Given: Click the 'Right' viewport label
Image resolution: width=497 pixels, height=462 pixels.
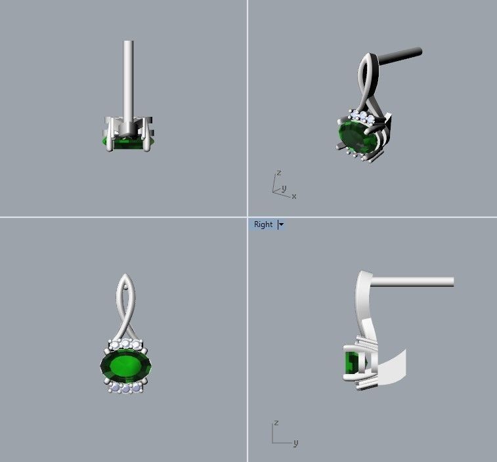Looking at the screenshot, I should [x=263, y=224].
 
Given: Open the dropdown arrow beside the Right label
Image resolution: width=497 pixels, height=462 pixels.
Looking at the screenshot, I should [x=281, y=224].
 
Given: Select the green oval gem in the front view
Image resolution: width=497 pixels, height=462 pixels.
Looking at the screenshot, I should [x=125, y=366].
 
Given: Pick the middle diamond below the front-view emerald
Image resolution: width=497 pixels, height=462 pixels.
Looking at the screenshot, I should [x=126, y=388].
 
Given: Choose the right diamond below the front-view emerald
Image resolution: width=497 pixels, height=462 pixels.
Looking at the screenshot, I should [x=136, y=387].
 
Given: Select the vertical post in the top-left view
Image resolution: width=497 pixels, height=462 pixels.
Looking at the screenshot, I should [x=128, y=79].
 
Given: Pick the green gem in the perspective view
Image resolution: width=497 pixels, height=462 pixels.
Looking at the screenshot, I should [x=353, y=135].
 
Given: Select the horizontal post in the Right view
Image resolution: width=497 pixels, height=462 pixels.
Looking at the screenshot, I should [x=414, y=282].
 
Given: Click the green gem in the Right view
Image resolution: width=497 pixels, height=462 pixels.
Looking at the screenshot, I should [x=351, y=364].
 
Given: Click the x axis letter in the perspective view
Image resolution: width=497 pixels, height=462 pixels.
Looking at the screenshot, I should [x=294, y=196].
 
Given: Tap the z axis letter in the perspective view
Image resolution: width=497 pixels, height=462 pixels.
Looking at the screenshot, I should [x=279, y=173].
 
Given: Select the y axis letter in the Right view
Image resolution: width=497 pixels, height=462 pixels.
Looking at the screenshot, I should [x=295, y=443].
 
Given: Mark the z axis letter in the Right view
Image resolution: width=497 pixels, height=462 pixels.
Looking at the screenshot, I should [x=277, y=423].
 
